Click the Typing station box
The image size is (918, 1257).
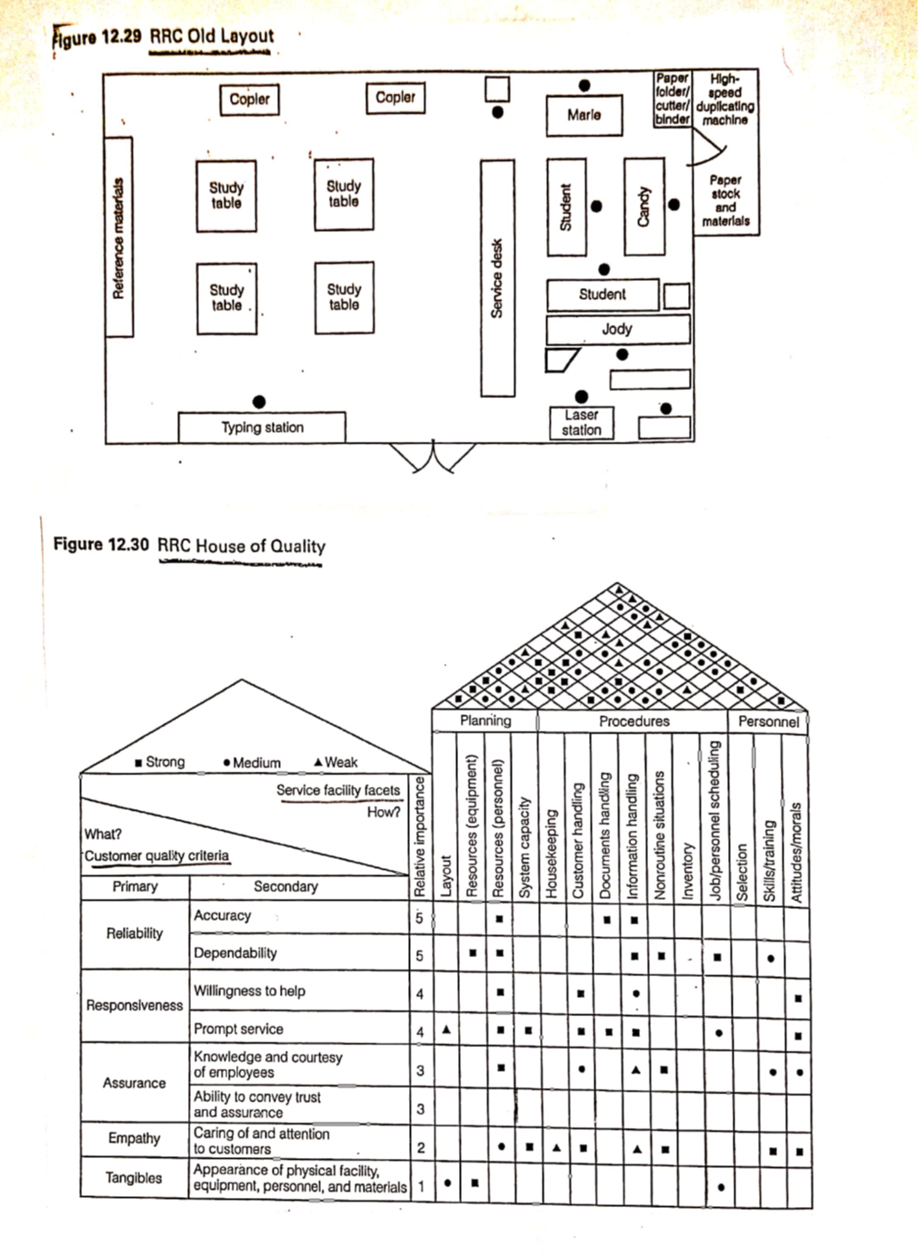tap(262, 427)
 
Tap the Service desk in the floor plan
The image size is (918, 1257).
tap(497, 278)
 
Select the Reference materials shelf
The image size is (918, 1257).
tap(119, 237)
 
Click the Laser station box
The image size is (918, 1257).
tap(582, 423)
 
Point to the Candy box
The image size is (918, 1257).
tap(644, 206)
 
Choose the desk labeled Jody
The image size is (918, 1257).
tap(617, 329)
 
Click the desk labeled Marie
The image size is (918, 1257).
tap(584, 115)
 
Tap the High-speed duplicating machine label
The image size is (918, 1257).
tap(724, 99)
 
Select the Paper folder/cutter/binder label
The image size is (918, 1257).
tap(673, 99)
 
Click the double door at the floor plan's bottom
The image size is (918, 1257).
tap(434, 457)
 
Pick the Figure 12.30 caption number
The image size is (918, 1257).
tap(101, 544)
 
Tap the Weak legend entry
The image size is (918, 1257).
tap(335, 763)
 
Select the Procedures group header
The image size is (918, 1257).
tap(634, 721)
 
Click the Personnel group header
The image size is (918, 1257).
tap(768, 722)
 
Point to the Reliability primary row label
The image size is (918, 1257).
tap(135, 933)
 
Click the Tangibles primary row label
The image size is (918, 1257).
tap(134, 1178)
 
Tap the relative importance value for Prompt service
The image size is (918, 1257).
tap(420, 1033)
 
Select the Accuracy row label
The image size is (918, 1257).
tap(222, 915)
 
